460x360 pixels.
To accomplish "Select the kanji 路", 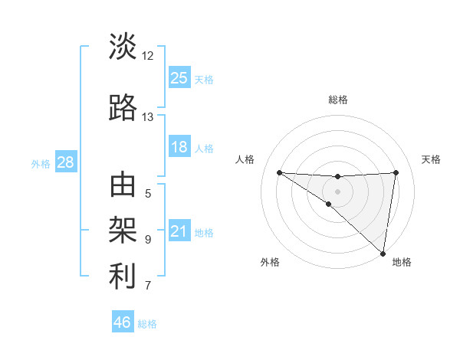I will [123, 108].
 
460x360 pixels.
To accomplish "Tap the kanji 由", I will [123, 186].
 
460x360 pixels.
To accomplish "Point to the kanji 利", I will [123, 277].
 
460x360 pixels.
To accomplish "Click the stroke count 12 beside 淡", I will [148, 56].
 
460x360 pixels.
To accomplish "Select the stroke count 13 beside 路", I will [148, 117].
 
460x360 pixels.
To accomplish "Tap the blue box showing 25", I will [179, 77].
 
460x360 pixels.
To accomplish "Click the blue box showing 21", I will [179, 231].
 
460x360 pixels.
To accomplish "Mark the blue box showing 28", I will [65, 162].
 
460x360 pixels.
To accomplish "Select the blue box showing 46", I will [123, 322].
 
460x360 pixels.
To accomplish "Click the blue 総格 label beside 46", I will [147, 324].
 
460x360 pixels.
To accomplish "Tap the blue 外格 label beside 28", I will [41, 163].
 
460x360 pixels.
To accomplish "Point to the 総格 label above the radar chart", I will [338, 100].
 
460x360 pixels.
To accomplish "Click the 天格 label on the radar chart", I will [432, 159].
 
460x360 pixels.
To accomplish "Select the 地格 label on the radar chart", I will [402, 263].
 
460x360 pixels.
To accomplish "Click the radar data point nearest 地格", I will [383, 253].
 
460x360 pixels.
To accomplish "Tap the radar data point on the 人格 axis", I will [279, 172].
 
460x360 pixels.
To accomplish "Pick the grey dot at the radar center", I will [337, 191].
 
